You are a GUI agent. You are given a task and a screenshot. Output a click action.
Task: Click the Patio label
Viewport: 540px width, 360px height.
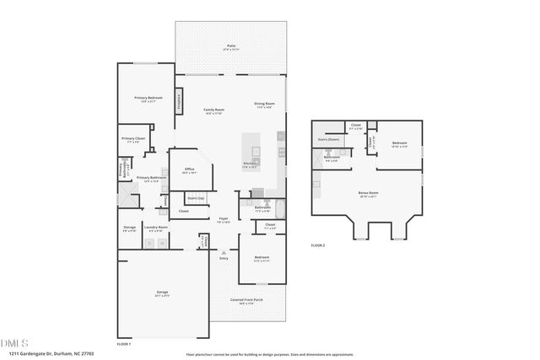[x=231, y=46]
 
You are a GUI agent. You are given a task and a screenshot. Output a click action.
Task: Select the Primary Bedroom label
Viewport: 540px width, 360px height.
[x=148, y=99]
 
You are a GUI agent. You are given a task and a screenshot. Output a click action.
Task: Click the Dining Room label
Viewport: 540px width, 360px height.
[x=264, y=105]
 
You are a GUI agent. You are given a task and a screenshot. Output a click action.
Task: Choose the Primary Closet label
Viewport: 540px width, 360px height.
[x=132, y=139]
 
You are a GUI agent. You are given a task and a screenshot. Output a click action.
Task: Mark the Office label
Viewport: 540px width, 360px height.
[x=189, y=169]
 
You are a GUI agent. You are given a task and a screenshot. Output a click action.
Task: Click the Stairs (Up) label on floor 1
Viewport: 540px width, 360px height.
[x=196, y=199]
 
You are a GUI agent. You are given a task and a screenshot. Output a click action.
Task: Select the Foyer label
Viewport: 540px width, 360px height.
[x=224, y=219]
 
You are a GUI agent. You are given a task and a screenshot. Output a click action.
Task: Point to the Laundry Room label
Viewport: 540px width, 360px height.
[x=156, y=227]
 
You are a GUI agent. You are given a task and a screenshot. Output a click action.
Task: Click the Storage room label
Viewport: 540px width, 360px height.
[x=129, y=227]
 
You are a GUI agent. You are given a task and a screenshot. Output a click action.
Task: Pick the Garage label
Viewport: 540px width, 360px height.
[x=162, y=295]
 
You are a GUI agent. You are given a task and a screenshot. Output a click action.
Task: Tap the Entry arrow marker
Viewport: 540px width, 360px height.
[x=224, y=252]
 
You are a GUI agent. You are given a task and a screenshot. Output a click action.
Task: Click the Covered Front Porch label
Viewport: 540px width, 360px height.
[x=246, y=300]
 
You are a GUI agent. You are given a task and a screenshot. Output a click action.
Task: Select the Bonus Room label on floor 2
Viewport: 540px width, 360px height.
[x=367, y=193]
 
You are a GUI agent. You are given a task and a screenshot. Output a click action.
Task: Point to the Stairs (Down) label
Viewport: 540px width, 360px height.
[x=328, y=140]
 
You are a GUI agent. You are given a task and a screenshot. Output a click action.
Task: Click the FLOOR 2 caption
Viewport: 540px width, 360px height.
[x=317, y=244]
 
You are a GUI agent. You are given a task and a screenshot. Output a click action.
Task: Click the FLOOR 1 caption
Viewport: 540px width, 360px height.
[x=124, y=345]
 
